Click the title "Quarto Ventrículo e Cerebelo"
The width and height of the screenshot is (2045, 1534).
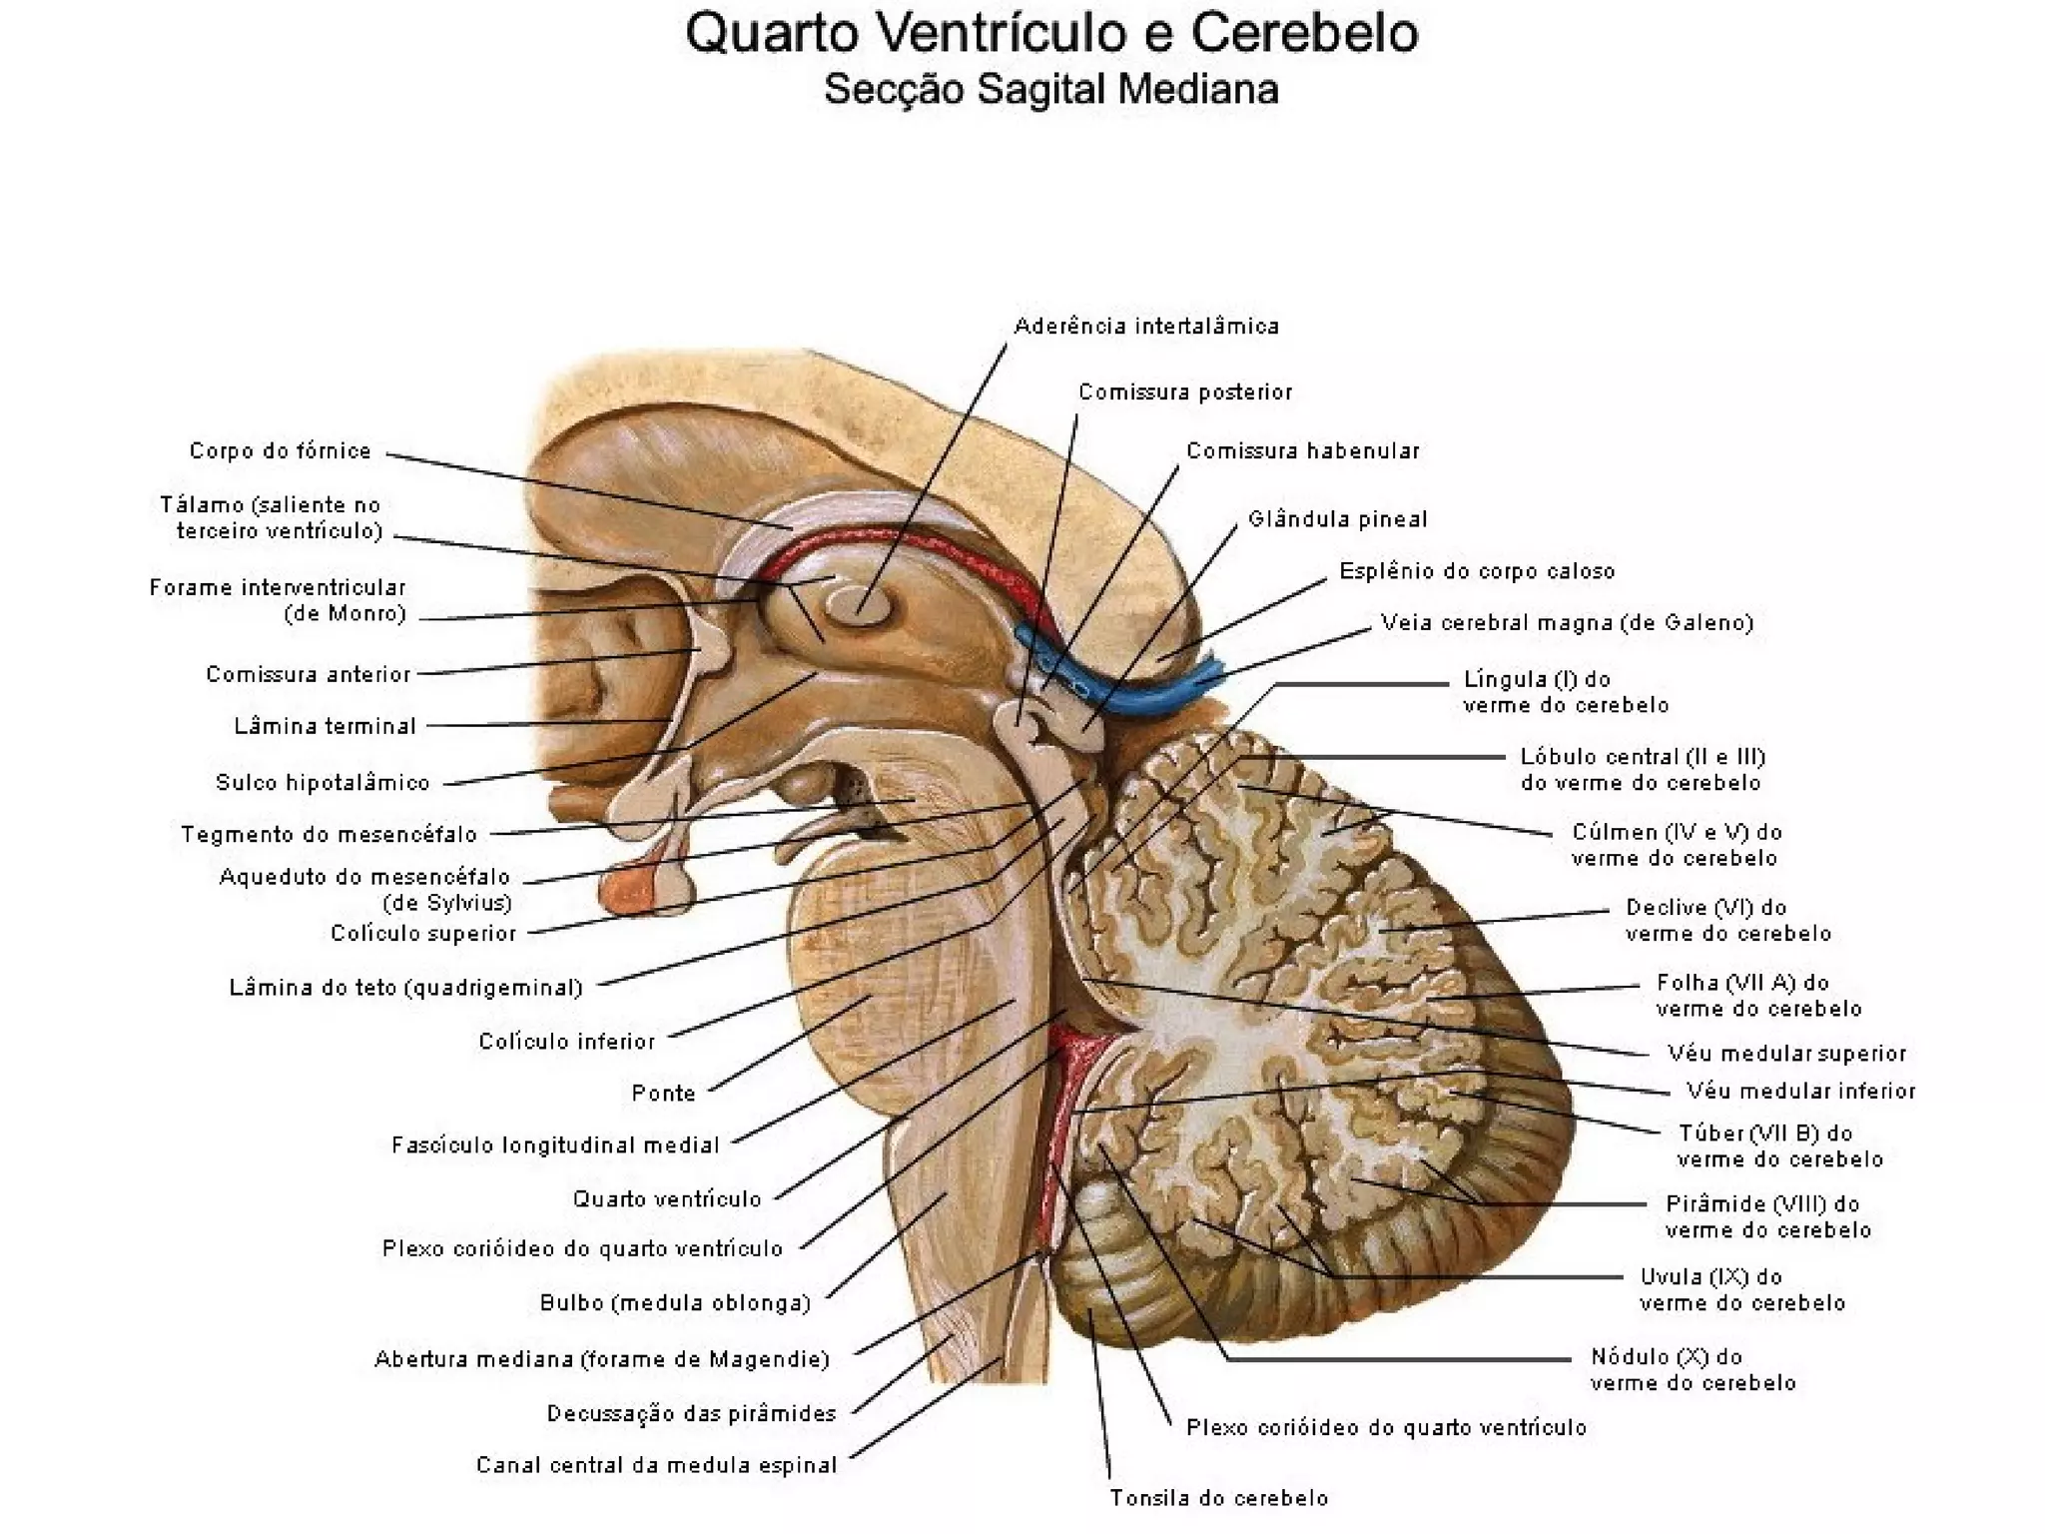click(x=1050, y=34)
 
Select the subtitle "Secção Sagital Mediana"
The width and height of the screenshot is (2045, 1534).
click(x=1050, y=90)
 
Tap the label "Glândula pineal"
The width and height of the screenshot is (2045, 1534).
click(x=1337, y=519)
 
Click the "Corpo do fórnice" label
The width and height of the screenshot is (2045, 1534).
click(x=281, y=451)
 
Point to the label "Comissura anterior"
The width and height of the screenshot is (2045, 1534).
click(x=309, y=675)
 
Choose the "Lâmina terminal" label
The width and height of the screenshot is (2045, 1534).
click(x=325, y=727)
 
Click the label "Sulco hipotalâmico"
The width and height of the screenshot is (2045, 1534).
click(x=323, y=783)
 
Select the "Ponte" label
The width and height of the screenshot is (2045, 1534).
click(x=663, y=1094)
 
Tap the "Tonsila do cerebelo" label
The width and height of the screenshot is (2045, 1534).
click(x=1219, y=1498)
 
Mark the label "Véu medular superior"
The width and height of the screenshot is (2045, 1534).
click(x=1786, y=1054)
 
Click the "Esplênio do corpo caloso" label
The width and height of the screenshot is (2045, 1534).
click(x=1477, y=571)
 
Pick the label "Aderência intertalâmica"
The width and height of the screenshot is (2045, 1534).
click(x=1146, y=327)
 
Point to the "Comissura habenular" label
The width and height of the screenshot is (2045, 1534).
click(x=1302, y=451)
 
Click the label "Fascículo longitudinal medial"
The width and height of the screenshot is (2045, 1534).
click(x=555, y=1146)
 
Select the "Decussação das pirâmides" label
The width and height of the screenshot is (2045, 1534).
click(x=691, y=1414)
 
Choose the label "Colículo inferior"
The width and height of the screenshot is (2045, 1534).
click(x=566, y=1042)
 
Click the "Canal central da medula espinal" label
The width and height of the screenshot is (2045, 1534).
click(x=656, y=1466)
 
